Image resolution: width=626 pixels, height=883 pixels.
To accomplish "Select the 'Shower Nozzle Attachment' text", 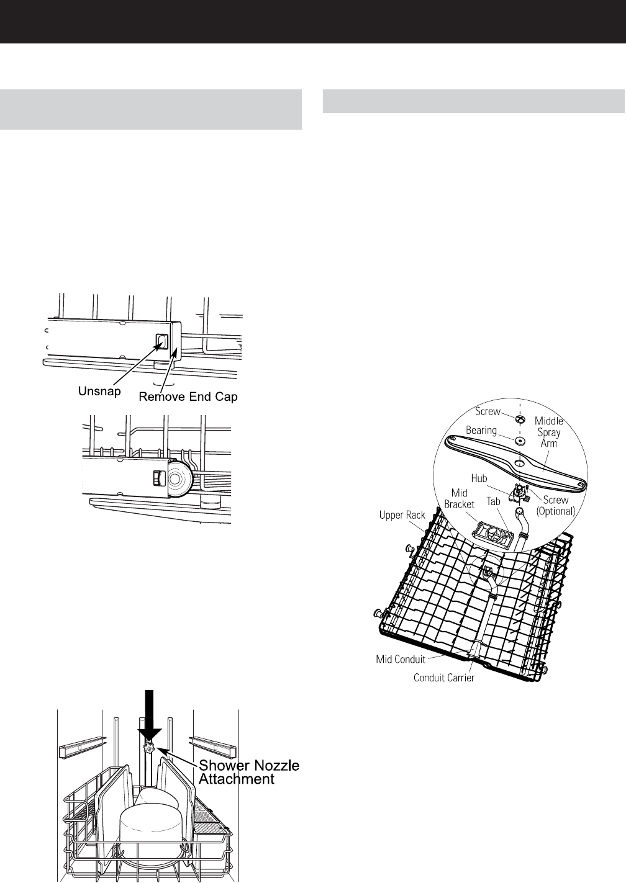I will [x=248, y=772].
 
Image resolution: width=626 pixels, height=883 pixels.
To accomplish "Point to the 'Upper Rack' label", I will [x=401, y=515].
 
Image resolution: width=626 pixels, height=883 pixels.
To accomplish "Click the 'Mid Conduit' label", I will [x=402, y=659].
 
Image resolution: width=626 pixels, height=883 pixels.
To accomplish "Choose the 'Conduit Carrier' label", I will [x=444, y=678].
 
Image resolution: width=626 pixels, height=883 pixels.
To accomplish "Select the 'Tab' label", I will [x=494, y=501].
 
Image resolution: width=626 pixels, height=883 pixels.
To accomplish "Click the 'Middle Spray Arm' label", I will [x=549, y=432].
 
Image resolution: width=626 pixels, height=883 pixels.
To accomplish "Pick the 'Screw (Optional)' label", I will [x=556, y=506].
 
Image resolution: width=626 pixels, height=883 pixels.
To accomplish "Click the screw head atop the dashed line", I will [x=521, y=420].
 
